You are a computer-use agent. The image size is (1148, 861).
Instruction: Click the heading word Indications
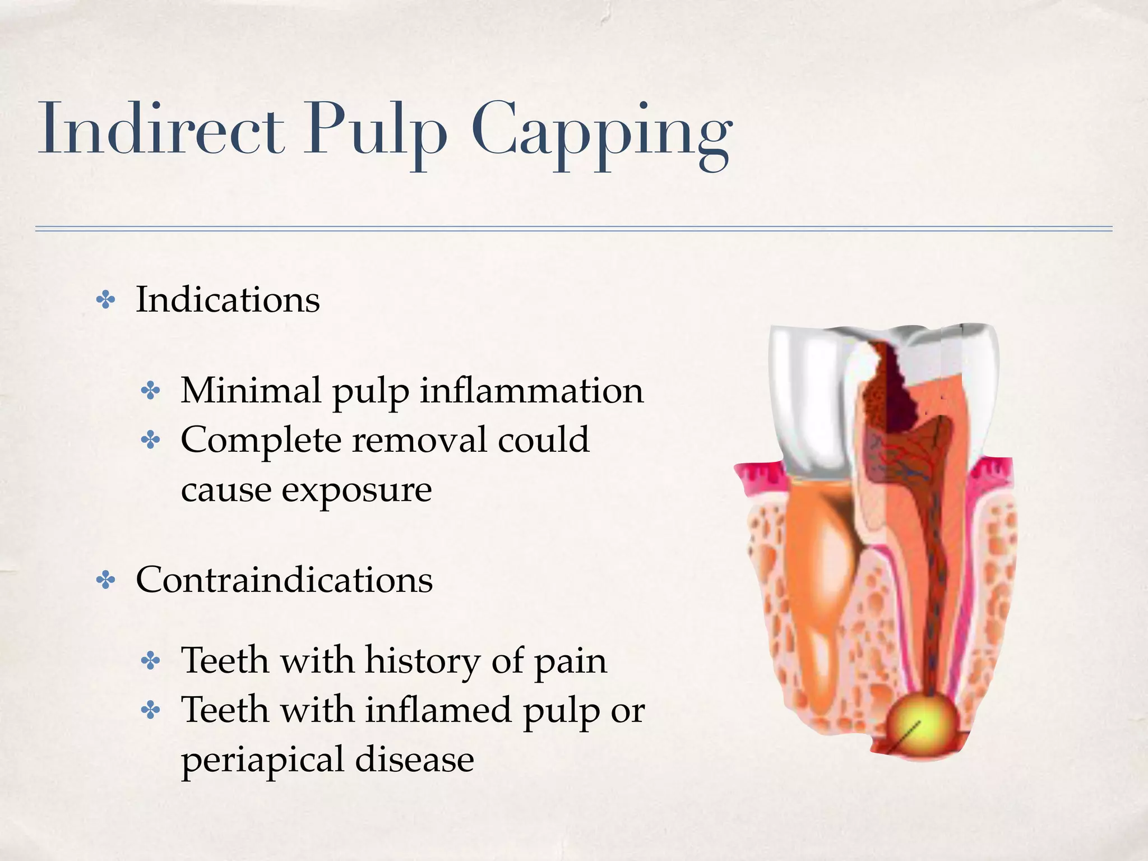point(228,299)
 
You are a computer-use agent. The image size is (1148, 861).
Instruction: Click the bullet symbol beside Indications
point(105,300)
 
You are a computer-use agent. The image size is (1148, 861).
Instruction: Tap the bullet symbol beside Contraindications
point(105,580)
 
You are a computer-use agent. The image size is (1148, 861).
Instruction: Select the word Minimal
point(251,390)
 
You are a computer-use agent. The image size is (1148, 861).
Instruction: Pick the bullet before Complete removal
point(150,440)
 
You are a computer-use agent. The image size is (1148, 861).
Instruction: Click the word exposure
point(357,490)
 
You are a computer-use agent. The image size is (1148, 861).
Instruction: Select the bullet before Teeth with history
point(150,661)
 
